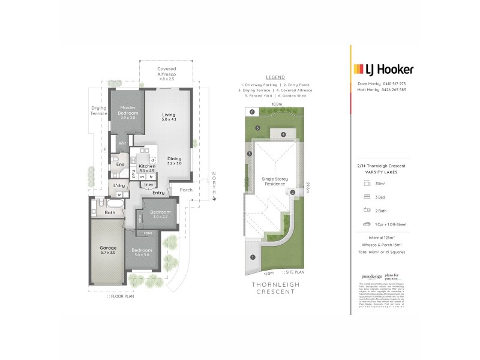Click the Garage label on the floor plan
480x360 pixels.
[108, 248]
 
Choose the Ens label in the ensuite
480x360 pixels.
[120, 164]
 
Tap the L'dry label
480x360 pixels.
[119, 186]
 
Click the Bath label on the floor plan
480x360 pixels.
[110, 212]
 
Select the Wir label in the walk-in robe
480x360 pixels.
[121, 143]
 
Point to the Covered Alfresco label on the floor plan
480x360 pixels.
[166, 71]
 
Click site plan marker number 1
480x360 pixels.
[253, 257]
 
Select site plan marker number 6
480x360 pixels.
[252, 112]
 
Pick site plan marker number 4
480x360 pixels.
[283, 134]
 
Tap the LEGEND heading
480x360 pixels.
[275, 77]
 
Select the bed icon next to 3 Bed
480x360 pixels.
[366, 196]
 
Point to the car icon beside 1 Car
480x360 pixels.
[366, 224]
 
